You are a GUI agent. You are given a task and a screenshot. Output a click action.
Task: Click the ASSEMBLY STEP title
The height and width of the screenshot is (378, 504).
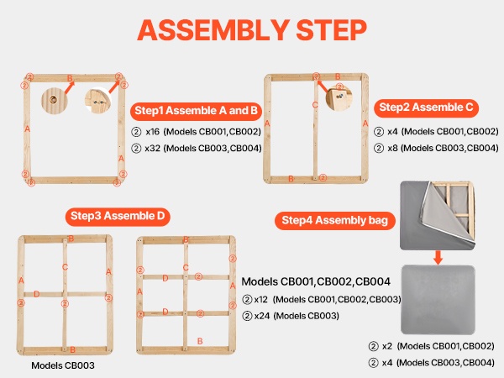252,29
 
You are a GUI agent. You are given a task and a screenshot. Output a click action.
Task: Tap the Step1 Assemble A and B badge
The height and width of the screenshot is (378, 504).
196,111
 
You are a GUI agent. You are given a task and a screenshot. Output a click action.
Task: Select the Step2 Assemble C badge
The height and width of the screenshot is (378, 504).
426,108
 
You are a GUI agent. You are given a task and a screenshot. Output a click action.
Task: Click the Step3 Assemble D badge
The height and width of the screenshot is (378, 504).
118,216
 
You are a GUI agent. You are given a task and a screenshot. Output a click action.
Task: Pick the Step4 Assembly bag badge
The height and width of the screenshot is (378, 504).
335,220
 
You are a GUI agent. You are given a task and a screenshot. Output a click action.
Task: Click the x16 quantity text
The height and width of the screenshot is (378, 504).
152,132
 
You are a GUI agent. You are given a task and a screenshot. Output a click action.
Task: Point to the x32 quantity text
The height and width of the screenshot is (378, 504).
152,148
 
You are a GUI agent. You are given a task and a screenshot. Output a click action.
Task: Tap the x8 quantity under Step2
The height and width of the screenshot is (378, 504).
393,148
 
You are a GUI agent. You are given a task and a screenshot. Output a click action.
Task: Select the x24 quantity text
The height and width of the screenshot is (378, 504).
262,316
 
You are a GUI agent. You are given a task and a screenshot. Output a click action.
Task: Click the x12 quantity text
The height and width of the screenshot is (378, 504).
261,300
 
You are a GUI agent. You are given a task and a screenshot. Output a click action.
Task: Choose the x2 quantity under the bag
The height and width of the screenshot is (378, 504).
387,346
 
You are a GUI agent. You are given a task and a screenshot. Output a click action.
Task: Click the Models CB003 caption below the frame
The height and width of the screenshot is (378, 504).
63,365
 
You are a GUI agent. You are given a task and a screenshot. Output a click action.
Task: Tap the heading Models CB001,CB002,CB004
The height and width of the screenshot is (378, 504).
316,282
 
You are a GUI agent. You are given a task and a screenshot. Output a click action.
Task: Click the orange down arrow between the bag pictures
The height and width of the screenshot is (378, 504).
438,258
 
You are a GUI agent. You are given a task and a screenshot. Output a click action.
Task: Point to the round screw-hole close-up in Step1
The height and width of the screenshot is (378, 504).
55,100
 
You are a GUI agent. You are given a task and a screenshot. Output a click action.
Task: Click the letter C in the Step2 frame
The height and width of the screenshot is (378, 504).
315,105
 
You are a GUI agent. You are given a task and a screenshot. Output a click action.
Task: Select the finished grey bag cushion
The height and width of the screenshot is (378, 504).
438,300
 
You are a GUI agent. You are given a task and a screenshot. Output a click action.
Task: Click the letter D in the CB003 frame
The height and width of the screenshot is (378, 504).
37,294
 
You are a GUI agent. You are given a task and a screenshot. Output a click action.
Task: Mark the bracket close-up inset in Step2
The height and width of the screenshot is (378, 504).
339,97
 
